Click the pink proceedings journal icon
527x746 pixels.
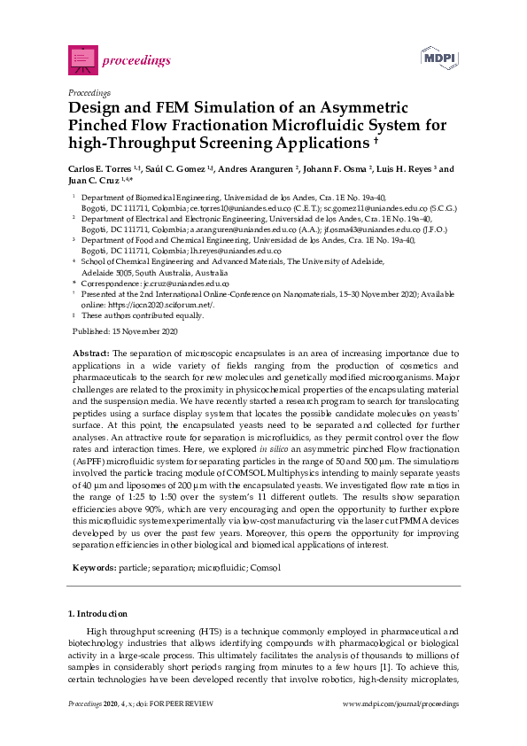[x=83, y=58]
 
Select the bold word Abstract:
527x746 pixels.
[x=90, y=353]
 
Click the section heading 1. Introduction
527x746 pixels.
[x=97, y=613]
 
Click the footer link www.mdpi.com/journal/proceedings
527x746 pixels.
[x=400, y=703]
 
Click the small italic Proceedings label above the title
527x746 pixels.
[x=89, y=92]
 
